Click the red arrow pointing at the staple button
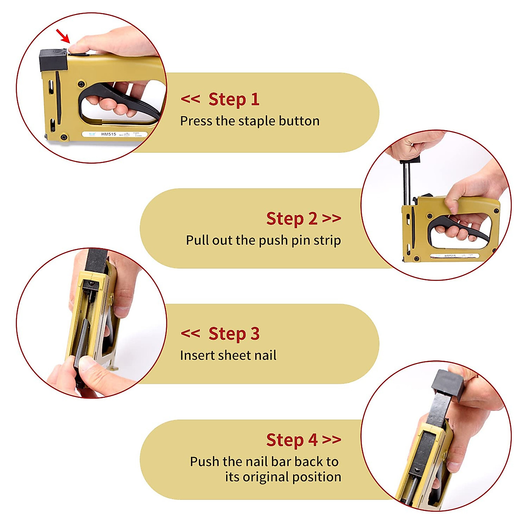click(x=63, y=36)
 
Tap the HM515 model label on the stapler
click(x=109, y=134)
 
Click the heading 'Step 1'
click(x=234, y=99)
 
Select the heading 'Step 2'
click(x=291, y=219)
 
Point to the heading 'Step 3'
click(x=234, y=334)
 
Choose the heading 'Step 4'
click(x=291, y=440)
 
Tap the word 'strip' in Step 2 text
click(x=327, y=240)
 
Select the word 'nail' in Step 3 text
click(x=264, y=355)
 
